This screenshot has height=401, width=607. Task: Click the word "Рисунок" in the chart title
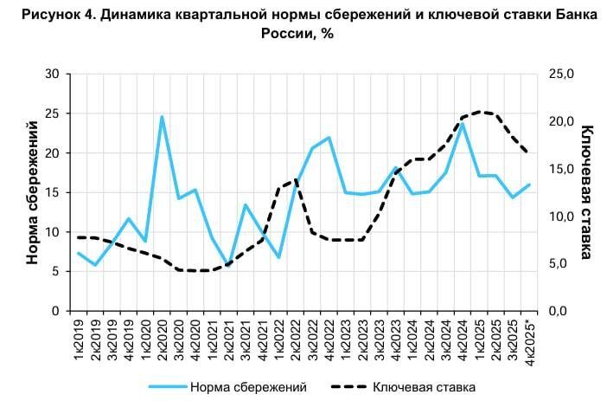41,15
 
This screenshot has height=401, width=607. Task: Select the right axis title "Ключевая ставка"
586,191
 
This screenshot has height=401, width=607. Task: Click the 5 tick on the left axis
54,271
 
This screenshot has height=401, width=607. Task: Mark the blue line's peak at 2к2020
162,117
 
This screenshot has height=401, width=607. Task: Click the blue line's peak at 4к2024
463,124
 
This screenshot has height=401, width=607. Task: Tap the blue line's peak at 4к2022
329,138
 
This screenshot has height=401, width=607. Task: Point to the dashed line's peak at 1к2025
480,112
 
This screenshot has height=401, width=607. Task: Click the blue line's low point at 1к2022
278,257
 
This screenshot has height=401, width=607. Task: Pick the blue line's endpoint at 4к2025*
529,184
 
